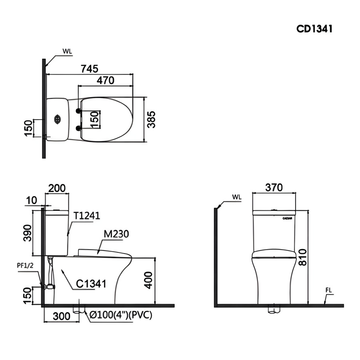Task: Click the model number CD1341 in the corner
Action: (x=314, y=29)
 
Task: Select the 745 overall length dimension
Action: (x=90, y=69)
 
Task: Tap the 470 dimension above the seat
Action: (x=105, y=80)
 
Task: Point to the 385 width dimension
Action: (x=151, y=120)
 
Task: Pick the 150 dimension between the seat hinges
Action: (x=94, y=119)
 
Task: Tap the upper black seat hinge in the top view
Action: (x=78, y=110)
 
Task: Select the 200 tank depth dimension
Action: (x=57, y=188)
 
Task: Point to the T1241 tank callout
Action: (x=86, y=216)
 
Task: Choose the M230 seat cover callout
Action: (x=116, y=234)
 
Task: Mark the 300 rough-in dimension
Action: (x=62, y=316)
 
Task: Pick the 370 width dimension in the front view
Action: (x=274, y=187)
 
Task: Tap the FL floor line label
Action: (x=329, y=290)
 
